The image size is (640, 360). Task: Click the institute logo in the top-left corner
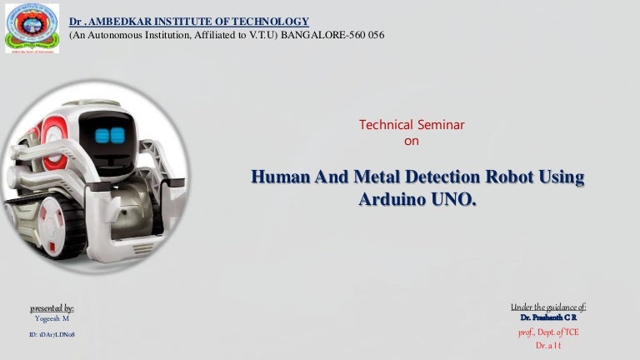coord(32,27)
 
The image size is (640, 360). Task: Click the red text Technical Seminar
coord(411,125)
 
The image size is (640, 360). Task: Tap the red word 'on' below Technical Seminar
coord(411,141)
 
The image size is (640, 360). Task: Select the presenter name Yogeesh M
coord(52,319)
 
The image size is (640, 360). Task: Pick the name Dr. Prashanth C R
coord(548,318)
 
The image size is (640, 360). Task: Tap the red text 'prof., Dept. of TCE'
coord(549,332)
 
